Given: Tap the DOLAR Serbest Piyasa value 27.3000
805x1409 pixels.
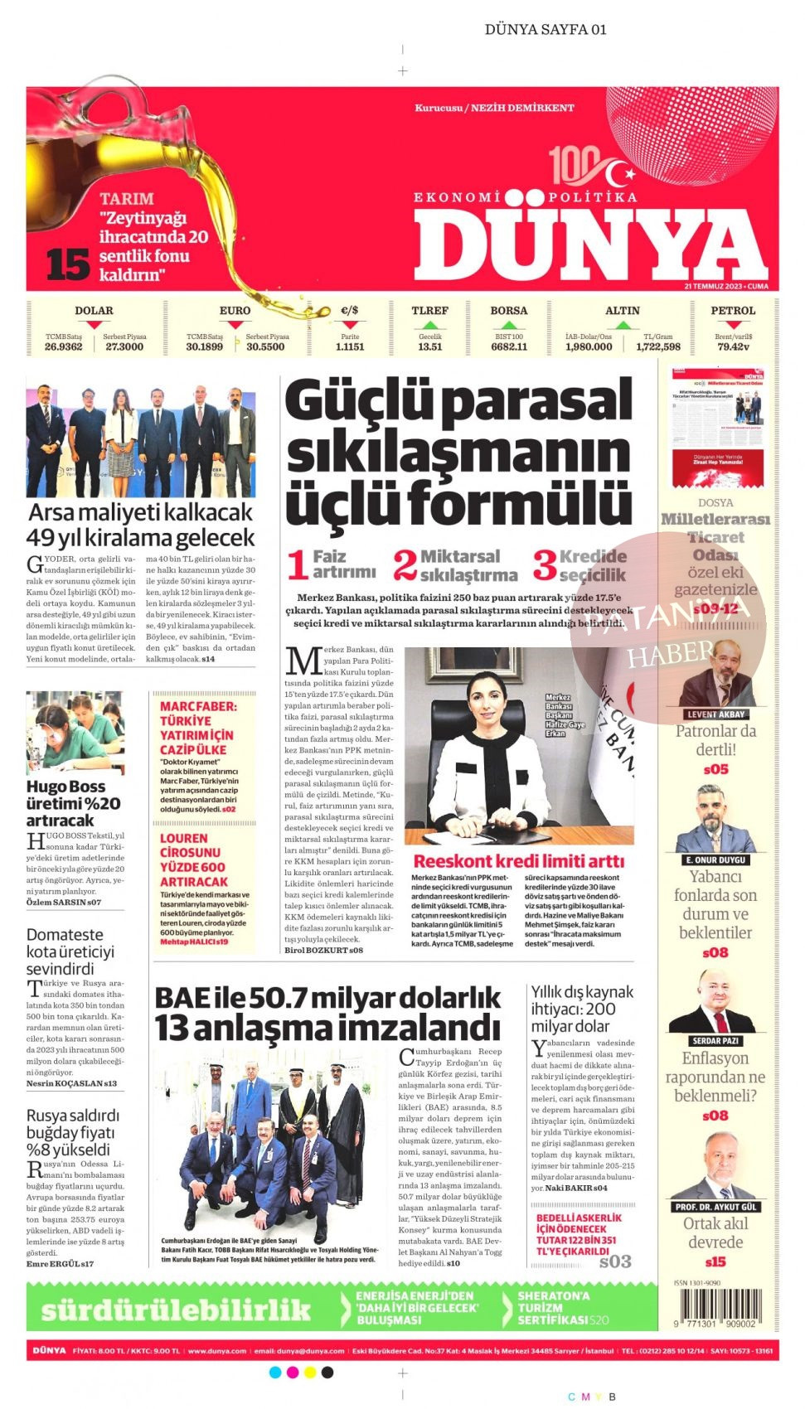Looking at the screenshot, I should pyautogui.click(x=124, y=346).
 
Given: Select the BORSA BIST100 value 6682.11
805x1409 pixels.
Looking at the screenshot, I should pyautogui.click(x=509, y=346).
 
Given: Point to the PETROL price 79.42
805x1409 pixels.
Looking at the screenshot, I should pyautogui.click(x=733, y=346).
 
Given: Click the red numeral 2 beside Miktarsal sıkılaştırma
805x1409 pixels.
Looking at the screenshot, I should pyautogui.click(x=405, y=565).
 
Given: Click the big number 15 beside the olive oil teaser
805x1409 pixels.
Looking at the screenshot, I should pyautogui.click(x=67, y=264).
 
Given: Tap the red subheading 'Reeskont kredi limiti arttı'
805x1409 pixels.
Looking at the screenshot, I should pyautogui.click(x=518, y=861).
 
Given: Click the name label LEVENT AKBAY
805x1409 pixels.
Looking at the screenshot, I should pyautogui.click(x=715, y=714).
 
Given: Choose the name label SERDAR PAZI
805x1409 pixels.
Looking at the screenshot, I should pyautogui.click(x=715, y=1040).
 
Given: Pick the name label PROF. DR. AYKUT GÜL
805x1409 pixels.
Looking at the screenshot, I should pyautogui.click(x=715, y=1207).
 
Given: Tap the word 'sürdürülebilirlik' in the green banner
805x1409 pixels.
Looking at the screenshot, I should pyautogui.click(x=176, y=1309).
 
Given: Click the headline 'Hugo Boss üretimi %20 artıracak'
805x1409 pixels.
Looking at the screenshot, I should pyautogui.click(x=73, y=802).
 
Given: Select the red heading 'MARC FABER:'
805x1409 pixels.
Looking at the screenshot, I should pyautogui.click(x=197, y=706).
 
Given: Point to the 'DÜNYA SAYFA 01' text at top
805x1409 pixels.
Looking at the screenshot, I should pyautogui.click(x=545, y=30).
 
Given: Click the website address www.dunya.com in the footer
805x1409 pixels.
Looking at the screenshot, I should pyautogui.click(x=217, y=1350).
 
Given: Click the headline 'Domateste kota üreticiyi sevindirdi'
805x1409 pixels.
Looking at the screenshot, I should pyautogui.click(x=70, y=951).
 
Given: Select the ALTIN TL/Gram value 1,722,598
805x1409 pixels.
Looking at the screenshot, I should pyautogui.click(x=658, y=346).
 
